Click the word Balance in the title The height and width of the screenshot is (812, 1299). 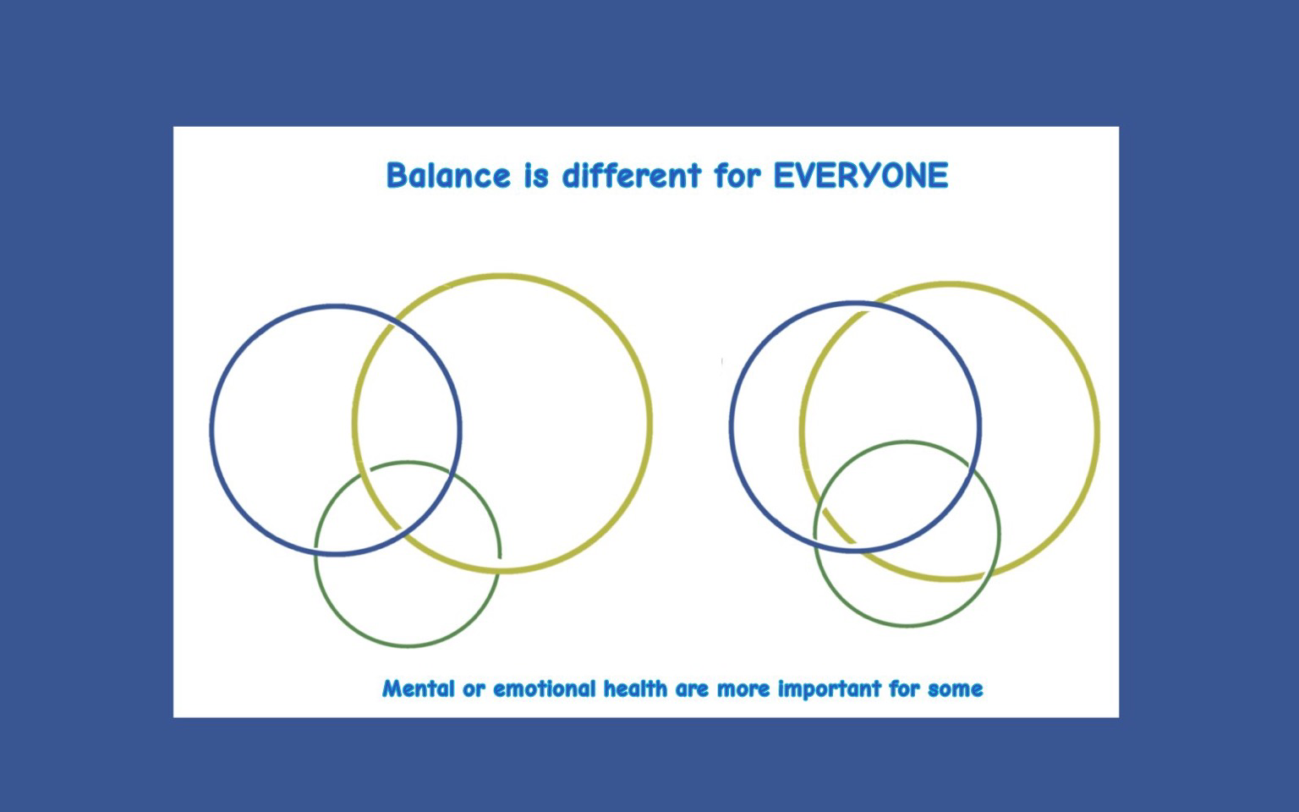click(x=449, y=175)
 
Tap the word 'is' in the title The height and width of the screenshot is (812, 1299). click(x=536, y=175)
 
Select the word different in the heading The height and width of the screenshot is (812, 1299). click(x=632, y=175)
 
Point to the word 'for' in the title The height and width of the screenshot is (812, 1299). click(x=737, y=175)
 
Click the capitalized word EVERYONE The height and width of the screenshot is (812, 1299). click(x=861, y=175)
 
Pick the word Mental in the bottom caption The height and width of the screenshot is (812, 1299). click(x=418, y=689)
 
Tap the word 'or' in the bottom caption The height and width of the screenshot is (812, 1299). click(x=474, y=690)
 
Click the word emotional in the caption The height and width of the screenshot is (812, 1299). click(x=545, y=689)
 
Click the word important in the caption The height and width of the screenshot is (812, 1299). click(x=830, y=689)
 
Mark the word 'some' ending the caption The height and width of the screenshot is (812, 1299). click(x=955, y=690)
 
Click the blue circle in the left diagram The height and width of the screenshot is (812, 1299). click(x=211, y=430)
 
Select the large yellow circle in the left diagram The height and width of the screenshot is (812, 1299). click(x=650, y=424)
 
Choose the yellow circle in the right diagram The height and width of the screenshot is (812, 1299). click(x=1098, y=431)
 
